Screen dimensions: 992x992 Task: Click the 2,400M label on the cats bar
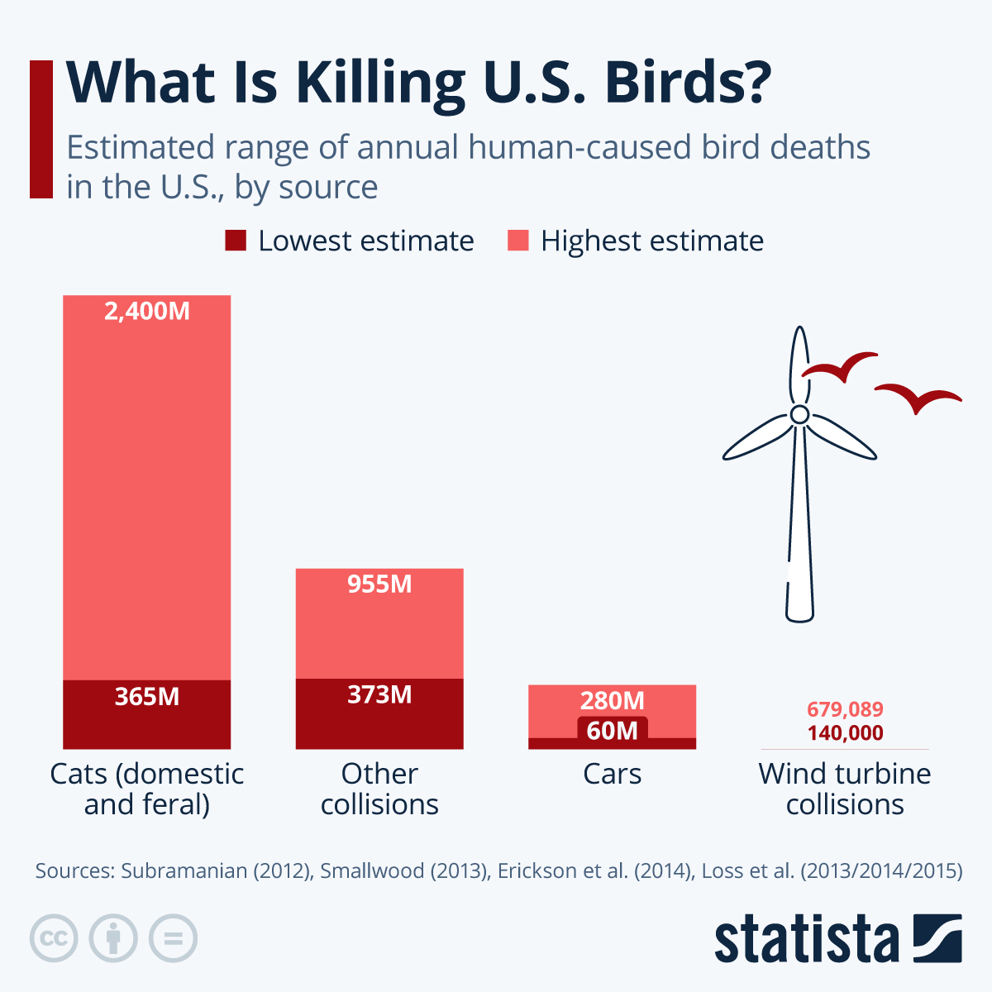(x=147, y=312)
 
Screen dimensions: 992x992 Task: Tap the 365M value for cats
(x=147, y=697)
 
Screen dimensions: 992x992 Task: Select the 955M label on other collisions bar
(x=379, y=584)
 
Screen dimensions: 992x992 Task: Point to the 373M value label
(x=379, y=694)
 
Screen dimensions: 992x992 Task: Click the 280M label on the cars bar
(x=612, y=701)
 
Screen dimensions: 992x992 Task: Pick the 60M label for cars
(x=612, y=730)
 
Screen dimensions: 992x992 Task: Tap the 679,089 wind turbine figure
(x=845, y=709)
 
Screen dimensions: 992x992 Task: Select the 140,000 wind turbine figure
(x=845, y=733)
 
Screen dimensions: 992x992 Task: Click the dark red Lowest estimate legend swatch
(x=236, y=241)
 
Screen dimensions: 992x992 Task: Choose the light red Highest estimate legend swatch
(x=517, y=241)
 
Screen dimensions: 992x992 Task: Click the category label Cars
(x=612, y=774)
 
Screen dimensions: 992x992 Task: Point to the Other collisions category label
(x=379, y=789)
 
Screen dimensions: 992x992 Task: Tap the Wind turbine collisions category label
(x=845, y=789)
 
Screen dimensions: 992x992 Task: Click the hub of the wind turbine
(x=799, y=413)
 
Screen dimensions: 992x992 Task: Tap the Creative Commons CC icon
(x=54, y=938)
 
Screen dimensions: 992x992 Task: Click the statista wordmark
(x=806, y=939)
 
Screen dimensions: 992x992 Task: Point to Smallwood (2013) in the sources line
(x=403, y=870)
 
